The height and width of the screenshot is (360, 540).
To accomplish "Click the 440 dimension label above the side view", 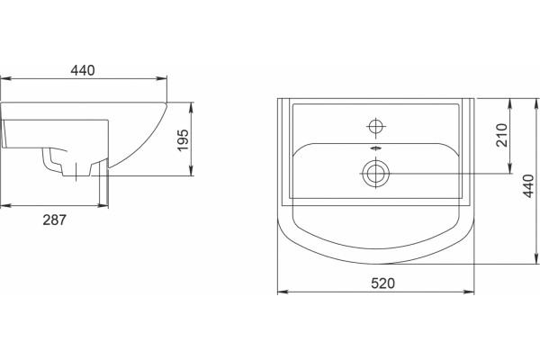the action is [x=83, y=70].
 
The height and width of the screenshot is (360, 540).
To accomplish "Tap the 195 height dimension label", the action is [x=184, y=139].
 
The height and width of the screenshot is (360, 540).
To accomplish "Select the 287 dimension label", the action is [x=54, y=220].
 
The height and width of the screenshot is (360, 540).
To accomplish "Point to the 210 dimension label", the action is [x=502, y=135].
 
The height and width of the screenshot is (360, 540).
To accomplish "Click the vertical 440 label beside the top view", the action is [x=528, y=186].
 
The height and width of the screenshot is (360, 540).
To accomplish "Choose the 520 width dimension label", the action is [x=383, y=283].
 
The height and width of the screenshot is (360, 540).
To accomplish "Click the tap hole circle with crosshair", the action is [x=376, y=126].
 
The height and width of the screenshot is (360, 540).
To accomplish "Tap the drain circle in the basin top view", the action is [x=375, y=173].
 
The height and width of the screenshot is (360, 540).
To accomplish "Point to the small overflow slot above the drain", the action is [x=376, y=148].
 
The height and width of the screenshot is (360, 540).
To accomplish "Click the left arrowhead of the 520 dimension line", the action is [x=283, y=292].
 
